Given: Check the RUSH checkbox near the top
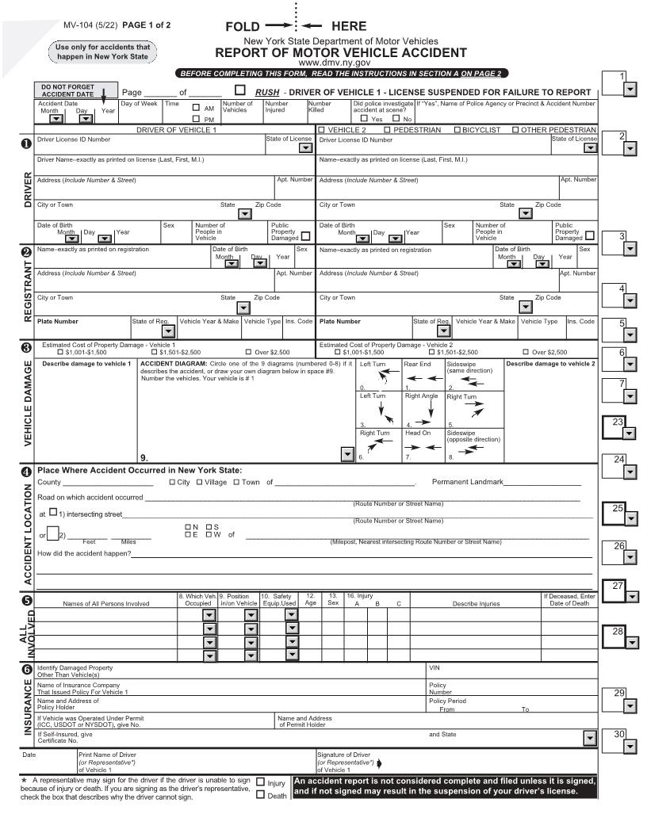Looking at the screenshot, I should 240,90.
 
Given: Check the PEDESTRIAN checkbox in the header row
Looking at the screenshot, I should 388,129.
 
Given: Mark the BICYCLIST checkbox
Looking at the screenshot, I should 457,129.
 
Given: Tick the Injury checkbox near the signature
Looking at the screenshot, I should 262,782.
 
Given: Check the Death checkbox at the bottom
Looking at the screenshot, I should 262,797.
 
